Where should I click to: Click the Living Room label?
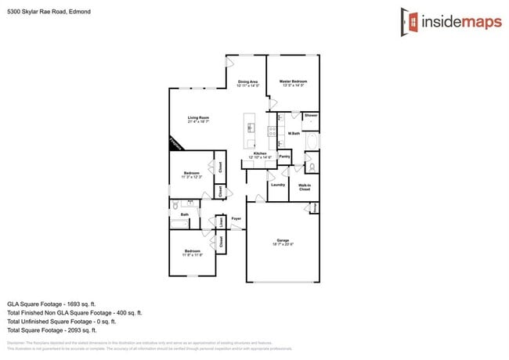pyautogui.click(x=197, y=117)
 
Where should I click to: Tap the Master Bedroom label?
pyautogui.click(x=293, y=81)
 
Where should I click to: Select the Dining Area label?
pyautogui.click(x=248, y=81)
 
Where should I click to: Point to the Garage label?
pyautogui.click(x=283, y=240)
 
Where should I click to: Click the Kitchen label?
pyautogui.click(x=260, y=153)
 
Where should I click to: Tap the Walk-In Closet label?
pyautogui.click(x=305, y=187)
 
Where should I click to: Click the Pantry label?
pyautogui.click(x=284, y=156)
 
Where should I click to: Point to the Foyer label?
pyautogui.click(x=235, y=218)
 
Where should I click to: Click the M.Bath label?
pyautogui.click(x=294, y=133)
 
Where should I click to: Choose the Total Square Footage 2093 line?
pyautogui.click(x=56, y=329)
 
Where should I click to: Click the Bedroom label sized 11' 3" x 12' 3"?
pyautogui.click(x=193, y=174)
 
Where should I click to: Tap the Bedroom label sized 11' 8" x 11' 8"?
pyautogui.click(x=193, y=251)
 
